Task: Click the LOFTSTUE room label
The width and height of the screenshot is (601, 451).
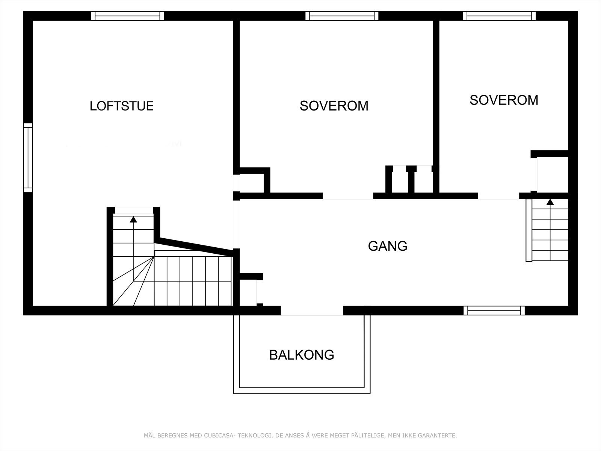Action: (x=122, y=106)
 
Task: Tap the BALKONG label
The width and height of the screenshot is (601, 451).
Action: (x=302, y=355)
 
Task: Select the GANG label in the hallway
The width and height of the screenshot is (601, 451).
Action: (x=388, y=246)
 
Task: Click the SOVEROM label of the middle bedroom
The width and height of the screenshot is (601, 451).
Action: (x=334, y=106)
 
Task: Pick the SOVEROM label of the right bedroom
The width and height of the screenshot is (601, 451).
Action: (x=504, y=100)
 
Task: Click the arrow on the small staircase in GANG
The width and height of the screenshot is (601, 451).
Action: (x=550, y=202)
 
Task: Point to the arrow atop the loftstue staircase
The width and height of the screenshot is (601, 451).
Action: (x=133, y=219)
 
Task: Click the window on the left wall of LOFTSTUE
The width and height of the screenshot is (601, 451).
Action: (x=28, y=157)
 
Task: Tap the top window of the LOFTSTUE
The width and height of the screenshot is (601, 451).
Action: (x=128, y=16)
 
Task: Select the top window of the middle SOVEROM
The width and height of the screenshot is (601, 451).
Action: (x=342, y=16)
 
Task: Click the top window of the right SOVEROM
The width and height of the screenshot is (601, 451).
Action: (x=499, y=16)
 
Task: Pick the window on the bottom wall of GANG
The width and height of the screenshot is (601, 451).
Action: (x=494, y=310)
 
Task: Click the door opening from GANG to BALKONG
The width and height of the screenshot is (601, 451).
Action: (x=312, y=311)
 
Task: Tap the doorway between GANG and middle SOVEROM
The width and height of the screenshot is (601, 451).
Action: (x=348, y=196)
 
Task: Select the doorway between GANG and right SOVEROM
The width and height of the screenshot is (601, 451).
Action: (x=498, y=196)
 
